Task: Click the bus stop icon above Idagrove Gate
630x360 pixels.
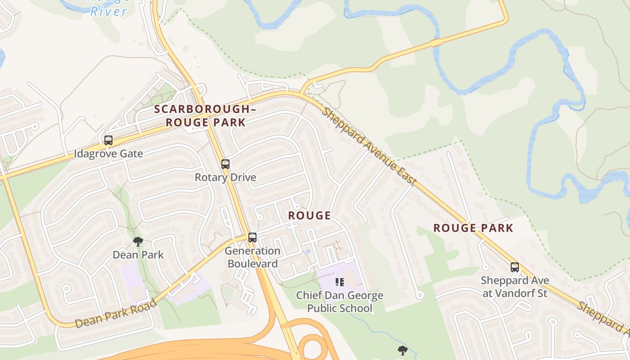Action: coord(108,140)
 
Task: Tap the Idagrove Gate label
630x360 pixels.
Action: coord(108,153)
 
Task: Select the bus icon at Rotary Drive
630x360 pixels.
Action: coord(225,164)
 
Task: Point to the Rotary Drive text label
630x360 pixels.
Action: coord(225,177)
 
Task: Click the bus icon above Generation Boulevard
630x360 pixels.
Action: coord(252,237)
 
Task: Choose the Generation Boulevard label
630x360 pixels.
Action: coord(252,257)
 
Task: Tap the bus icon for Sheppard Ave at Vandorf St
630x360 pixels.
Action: coord(515,267)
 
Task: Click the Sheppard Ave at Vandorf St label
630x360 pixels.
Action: coord(515,287)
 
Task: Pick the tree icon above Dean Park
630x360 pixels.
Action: coord(138,242)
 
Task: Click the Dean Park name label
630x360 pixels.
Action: coord(138,255)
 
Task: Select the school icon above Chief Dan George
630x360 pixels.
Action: coord(340,282)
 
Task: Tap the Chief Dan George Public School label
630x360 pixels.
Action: coord(340,301)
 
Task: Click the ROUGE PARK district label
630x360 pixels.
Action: coord(473,228)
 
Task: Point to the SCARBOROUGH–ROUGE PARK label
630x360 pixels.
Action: coord(206,116)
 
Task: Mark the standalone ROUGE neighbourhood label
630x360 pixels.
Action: coord(310,216)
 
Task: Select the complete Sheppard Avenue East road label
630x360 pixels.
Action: coord(369,146)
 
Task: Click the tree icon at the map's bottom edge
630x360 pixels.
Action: coord(402,350)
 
